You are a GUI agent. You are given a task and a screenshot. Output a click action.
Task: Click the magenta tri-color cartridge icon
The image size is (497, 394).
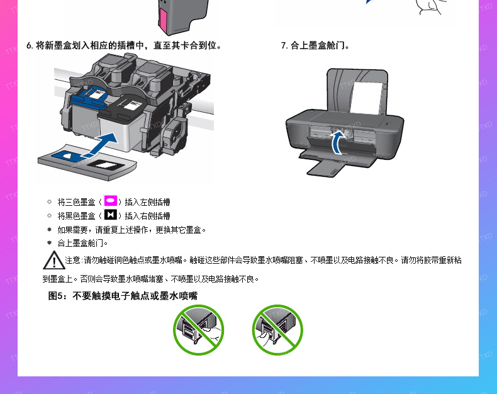coord(110,201)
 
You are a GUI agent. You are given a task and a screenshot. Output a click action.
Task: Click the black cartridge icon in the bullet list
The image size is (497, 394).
coord(110,215)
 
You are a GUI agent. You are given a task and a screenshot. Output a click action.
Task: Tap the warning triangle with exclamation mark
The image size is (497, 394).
coord(54,261)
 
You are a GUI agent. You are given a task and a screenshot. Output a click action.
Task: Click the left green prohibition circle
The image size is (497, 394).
coord(198,330)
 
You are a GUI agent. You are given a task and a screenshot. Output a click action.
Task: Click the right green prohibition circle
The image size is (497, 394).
coord(277,330)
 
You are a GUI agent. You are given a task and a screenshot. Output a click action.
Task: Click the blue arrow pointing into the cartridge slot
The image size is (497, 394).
coord(101,145)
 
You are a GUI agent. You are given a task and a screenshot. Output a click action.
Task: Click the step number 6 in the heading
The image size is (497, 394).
coord(30,46)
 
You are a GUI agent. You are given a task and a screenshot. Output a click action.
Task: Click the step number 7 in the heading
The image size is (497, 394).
coord(284,46)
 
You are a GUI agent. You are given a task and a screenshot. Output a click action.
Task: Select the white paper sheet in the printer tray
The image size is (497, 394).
coord(366,98)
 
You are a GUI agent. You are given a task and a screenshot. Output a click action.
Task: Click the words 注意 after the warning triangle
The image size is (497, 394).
coord(72,261)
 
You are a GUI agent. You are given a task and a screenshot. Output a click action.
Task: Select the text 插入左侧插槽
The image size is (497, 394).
coord(147,202)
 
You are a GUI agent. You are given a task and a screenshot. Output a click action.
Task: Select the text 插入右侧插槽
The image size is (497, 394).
coord(147,216)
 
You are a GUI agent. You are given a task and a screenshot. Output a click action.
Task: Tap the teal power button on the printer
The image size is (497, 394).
coord(312,111)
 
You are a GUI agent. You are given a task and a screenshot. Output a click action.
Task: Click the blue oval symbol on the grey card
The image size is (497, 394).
coord(68,155)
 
